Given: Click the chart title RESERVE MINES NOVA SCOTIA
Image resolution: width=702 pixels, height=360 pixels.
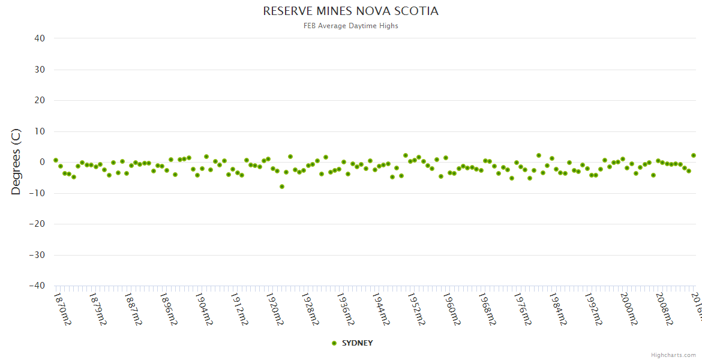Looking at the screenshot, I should pos(350,11).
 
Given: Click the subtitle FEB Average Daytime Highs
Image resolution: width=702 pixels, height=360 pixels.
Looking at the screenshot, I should pos(350,26).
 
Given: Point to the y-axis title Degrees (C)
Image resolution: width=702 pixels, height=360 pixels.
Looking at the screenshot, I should pos(16,162).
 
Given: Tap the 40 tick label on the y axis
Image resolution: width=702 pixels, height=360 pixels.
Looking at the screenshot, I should pos(40,38).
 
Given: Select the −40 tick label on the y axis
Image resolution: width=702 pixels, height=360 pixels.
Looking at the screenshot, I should pos(37,286).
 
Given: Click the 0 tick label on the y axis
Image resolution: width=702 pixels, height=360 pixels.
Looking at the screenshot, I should pos(43,162).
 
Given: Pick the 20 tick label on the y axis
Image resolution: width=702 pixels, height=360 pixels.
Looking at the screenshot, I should pos(40,100).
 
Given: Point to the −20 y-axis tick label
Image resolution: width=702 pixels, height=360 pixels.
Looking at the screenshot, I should pos(37,224).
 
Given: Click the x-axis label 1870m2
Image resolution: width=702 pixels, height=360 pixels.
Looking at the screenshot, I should pos(62,308).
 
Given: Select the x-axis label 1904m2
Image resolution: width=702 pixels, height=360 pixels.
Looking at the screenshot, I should pos(205,308).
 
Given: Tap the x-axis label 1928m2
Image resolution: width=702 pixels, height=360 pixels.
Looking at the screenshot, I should pos(311,308).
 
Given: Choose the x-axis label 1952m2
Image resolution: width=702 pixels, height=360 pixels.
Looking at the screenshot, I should pos(417,308).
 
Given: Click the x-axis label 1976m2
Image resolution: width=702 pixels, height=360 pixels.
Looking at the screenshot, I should pos(523,308).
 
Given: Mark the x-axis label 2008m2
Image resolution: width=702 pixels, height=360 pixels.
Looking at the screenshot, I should pos(665,308).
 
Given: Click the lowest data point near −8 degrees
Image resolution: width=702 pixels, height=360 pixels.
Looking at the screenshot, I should pos(281,187).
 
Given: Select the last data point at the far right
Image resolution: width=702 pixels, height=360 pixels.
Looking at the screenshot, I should pos(693,155).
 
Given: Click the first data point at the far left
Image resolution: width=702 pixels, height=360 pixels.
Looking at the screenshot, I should pos(56,160).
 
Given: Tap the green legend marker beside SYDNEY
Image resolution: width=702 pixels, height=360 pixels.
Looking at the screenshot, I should pos(334,343).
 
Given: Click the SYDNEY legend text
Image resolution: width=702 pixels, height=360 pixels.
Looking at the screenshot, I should pos(357,343).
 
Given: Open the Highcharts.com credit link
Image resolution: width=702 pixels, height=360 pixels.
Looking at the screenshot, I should pos(673,355).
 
